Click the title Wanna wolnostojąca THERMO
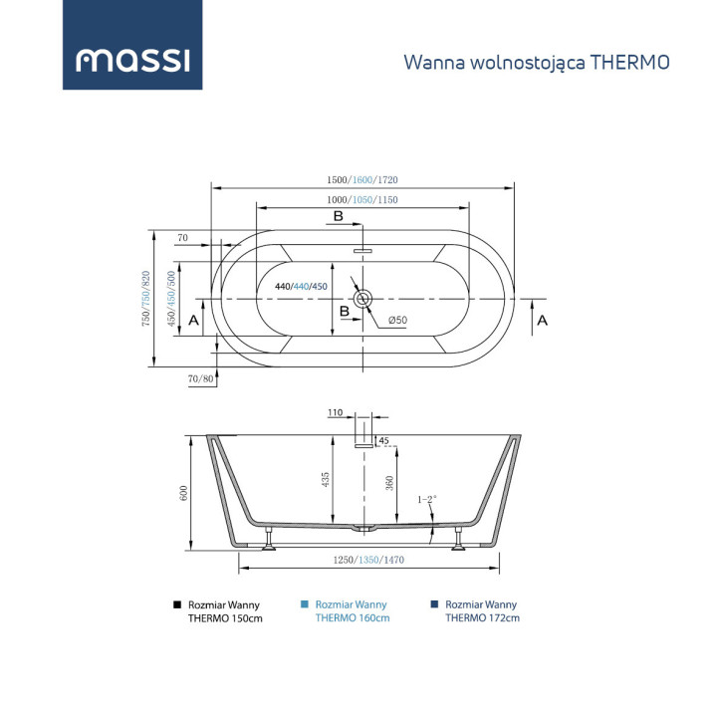click(x=536, y=62)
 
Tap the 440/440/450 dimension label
click(x=301, y=287)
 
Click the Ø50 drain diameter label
click(x=397, y=321)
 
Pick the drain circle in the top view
click(x=362, y=298)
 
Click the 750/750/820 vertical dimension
click(x=146, y=299)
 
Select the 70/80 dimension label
click(x=200, y=378)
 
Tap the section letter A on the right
click(x=542, y=322)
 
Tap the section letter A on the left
click(x=194, y=322)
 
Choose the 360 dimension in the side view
click(x=390, y=483)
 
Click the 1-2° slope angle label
click(x=426, y=499)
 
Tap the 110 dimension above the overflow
click(x=335, y=412)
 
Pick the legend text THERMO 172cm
click(x=482, y=617)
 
